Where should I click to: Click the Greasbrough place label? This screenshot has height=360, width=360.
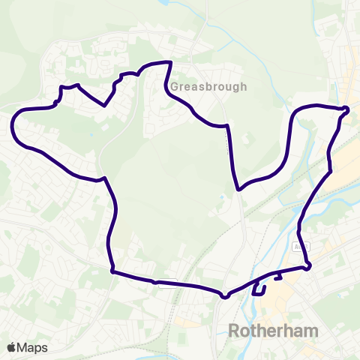(x=208, y=86)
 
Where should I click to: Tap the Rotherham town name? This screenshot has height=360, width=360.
(x=272, y=331)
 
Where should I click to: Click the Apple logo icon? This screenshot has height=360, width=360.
(x=12, y=347)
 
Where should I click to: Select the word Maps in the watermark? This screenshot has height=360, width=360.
(x=33, y=347)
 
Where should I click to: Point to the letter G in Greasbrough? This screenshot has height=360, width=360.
(x=175, y=86)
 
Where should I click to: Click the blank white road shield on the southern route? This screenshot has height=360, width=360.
(x=166, y=283)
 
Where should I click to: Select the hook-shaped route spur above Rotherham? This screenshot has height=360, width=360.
(x=259, y=289)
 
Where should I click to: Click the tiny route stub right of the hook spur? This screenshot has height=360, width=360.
(x=278, y=278)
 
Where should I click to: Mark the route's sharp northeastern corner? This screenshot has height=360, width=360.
(x=347, y=110)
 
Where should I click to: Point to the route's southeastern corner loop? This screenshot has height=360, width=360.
(x=307, y=266)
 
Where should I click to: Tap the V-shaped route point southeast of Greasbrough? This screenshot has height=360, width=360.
(x=238, y=190)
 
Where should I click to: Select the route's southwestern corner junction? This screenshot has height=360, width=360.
(x=112, y=271)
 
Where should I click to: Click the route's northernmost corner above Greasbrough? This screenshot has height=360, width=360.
(x=172, y=63)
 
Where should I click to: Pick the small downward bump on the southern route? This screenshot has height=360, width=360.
(x=224, y=295)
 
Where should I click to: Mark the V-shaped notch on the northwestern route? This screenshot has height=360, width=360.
(x=105, y=105)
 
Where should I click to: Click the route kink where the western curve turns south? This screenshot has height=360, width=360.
(x=103, y=178)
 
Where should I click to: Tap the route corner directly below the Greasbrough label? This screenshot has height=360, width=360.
(x=225, y=125)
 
